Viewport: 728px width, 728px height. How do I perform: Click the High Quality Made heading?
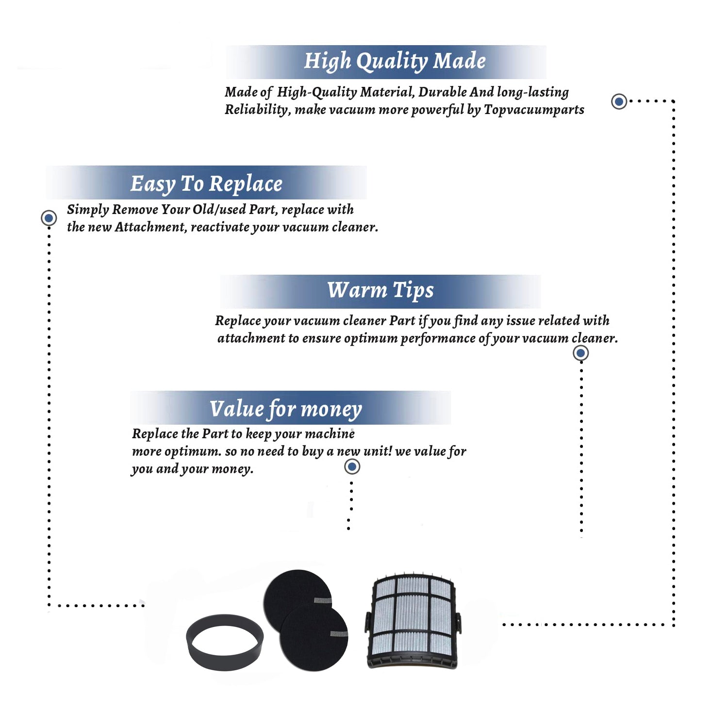[395, 62]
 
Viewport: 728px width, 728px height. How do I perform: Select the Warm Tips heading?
[380, 290]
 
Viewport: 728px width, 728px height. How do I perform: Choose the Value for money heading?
[286, 409]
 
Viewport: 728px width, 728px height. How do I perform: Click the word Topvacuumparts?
[534, 110]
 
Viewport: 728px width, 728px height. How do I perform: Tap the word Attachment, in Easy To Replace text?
[151, 227]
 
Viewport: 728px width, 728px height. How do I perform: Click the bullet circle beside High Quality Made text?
[619, 101]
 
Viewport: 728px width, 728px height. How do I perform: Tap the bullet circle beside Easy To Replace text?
[49, 218]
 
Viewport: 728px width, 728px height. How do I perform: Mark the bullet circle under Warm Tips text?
[580, 353]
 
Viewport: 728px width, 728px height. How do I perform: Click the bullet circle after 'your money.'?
[352, 467]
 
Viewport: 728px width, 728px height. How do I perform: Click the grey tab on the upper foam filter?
[323, 600]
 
